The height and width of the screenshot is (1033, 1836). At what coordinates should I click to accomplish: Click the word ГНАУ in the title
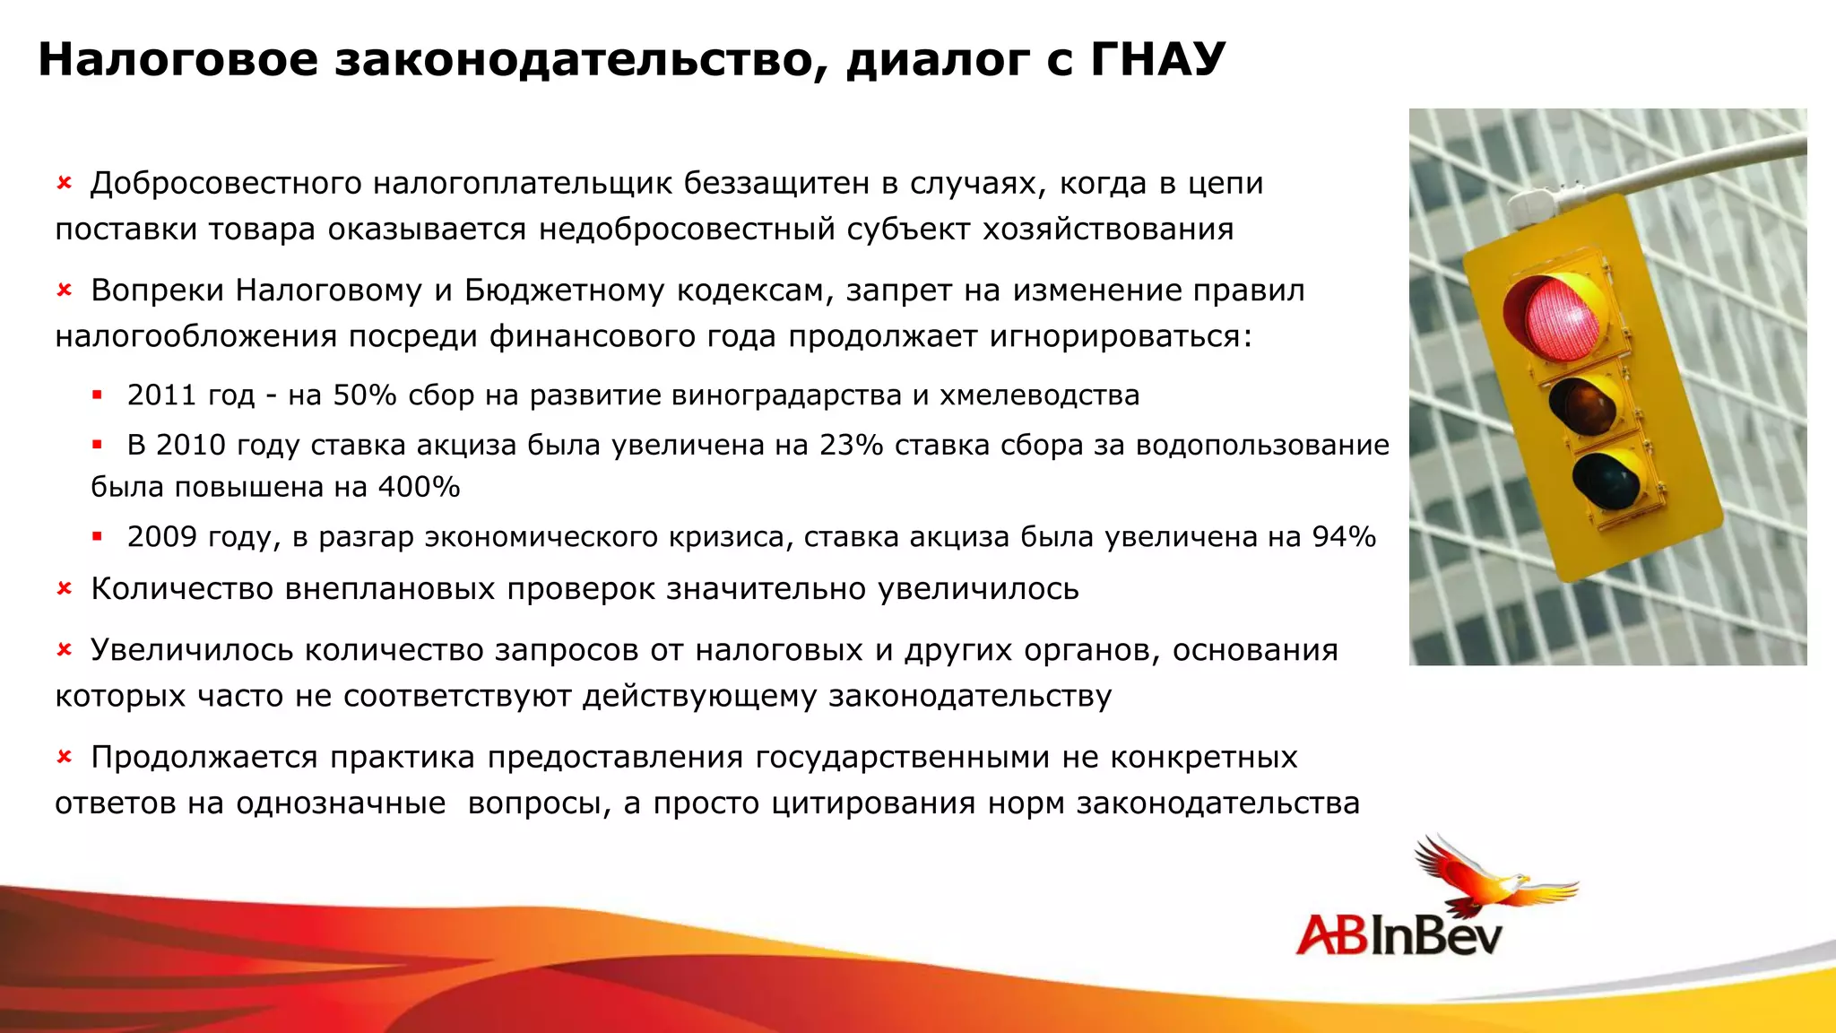(x=1156, y=59)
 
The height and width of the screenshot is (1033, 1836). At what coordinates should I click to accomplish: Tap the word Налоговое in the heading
(x=178, y=59)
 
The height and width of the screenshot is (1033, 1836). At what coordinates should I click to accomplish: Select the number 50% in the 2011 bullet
(x=364, y=395)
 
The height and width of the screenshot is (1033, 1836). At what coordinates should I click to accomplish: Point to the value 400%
(x=419, y=487)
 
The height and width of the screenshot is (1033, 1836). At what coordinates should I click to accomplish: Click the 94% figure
(x=1343, y=536)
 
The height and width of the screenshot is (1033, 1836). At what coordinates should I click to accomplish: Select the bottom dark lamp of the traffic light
(x=1607, y=481)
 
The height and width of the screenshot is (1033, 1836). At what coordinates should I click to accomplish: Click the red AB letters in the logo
(x=1331, y=935)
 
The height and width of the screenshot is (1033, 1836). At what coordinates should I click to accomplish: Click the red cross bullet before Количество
(x=65, y=589)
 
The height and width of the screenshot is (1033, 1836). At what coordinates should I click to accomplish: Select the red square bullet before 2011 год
(x=97, y=395)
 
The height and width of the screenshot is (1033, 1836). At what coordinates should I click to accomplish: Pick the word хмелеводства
(x=1039, y=395)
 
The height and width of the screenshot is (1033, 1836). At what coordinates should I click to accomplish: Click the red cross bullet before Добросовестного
(x=65, y=184)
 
